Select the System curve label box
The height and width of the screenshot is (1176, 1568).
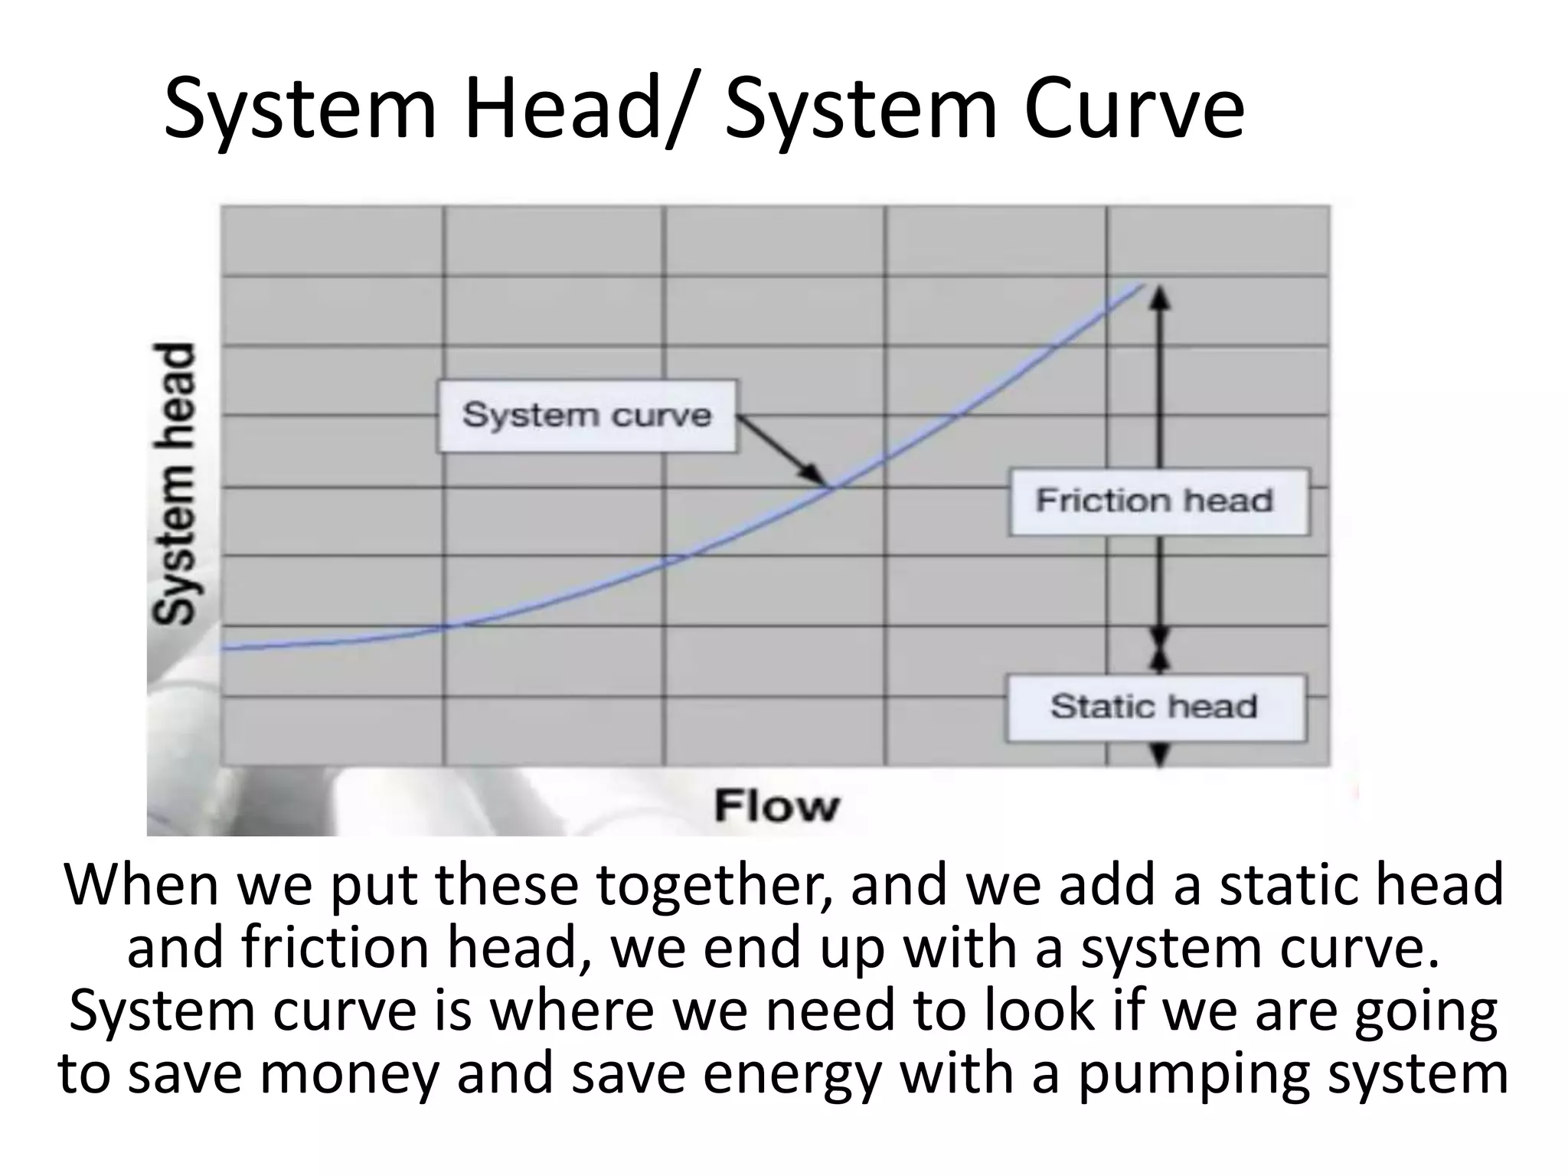click(x=587, y=416)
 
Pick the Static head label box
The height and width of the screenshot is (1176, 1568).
click(x=1155, y=707)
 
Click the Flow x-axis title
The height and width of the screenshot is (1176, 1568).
click(x=776, y=806)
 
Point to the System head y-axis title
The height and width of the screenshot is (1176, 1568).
click(x=174, y=484)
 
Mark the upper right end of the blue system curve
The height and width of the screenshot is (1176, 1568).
click(x=1141, y=286)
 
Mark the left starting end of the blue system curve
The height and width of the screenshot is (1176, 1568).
click(x=224, y=648)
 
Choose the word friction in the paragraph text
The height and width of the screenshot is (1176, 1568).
click(x=335, y=948)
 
